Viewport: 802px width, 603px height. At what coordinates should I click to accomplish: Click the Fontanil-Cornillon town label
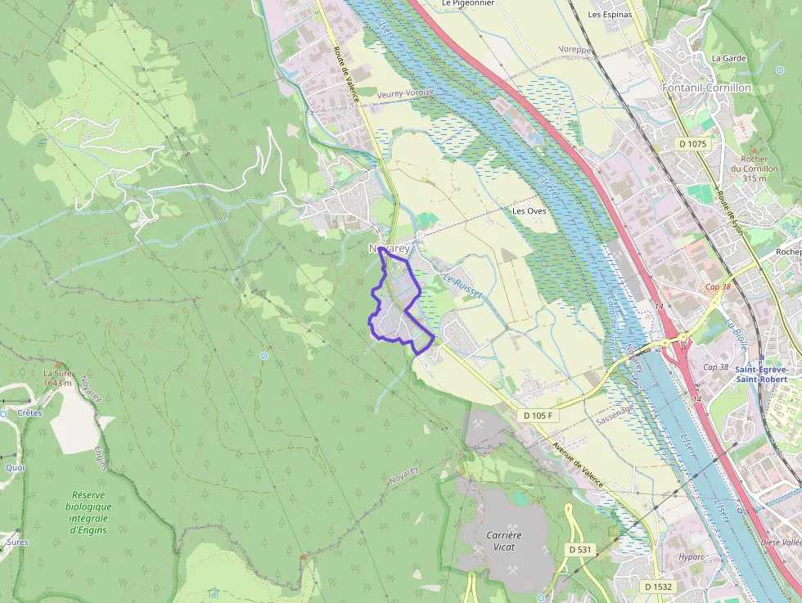706,88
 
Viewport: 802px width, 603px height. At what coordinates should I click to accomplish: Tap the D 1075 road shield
692,144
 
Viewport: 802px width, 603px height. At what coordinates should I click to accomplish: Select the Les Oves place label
529,210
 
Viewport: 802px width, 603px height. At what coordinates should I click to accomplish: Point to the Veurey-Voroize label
405,94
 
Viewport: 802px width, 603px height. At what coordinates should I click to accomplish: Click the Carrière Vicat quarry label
504,541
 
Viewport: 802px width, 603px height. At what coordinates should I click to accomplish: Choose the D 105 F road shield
538,416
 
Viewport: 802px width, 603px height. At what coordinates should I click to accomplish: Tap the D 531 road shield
579,549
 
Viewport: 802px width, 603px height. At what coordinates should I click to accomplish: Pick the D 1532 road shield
658,587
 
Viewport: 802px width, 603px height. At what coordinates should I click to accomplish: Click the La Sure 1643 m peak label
57,378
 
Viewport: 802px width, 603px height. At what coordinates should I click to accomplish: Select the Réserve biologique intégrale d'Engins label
90,512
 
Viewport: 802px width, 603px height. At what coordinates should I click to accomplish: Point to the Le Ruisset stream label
463,286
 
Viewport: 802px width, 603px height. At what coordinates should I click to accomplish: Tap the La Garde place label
728,58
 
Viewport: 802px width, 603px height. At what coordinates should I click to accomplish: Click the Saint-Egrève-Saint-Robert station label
761,374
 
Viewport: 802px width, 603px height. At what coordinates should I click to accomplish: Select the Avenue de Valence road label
578,466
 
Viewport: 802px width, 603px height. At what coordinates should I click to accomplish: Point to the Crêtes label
29,413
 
